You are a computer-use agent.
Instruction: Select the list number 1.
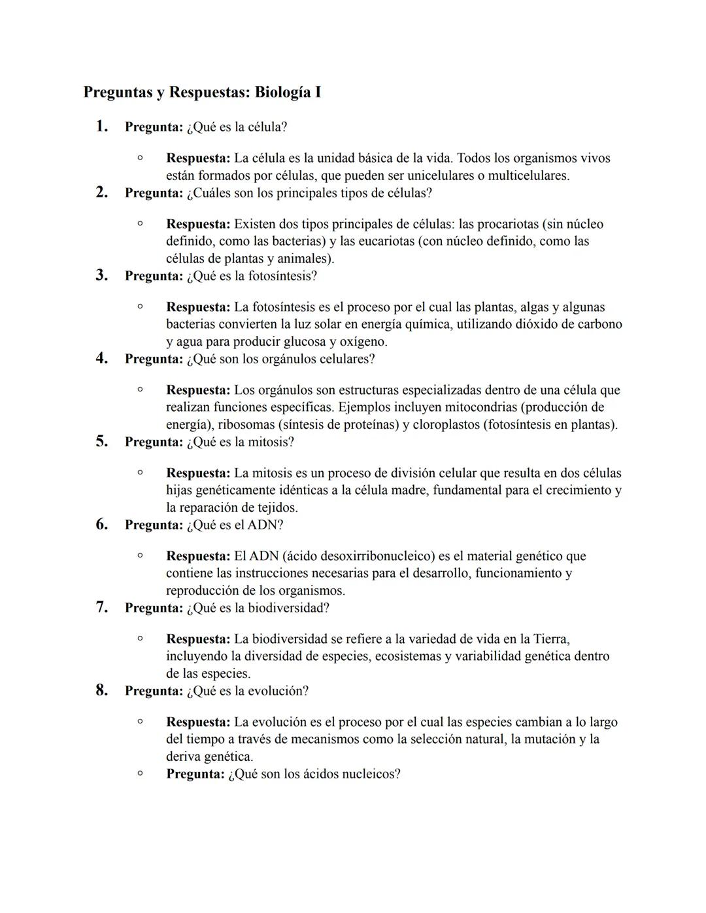101,126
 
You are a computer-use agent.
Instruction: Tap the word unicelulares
441,175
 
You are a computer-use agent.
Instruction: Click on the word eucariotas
377,241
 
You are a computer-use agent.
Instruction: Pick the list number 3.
101,275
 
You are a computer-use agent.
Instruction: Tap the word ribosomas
246,424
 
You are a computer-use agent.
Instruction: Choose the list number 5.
101,441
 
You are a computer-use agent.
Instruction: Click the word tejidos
274,507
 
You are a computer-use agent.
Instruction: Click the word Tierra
550,639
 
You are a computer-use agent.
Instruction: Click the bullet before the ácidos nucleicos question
140,773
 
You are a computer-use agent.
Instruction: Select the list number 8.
101,690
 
